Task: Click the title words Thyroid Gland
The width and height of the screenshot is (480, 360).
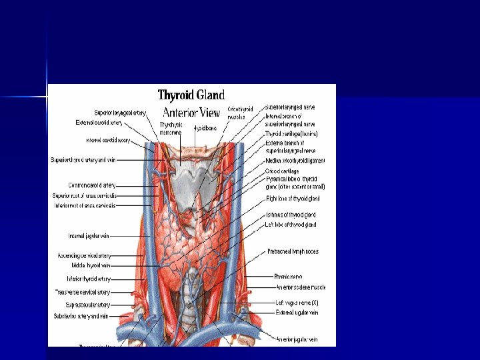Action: click(191, 95)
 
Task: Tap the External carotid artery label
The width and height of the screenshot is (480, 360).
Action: click(99, 123)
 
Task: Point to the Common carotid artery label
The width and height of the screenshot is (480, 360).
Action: click(92, 185)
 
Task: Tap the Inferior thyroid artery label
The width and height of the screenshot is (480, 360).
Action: click(89, 279)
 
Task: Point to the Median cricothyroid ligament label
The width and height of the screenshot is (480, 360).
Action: click(295, 161)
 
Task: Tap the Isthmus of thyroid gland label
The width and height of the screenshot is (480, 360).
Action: click(290, 215)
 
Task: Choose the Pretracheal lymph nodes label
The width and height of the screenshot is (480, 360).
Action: click(293, 251)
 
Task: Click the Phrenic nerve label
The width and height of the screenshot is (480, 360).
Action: click(288, 276)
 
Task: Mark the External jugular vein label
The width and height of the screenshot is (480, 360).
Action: click(297, 311)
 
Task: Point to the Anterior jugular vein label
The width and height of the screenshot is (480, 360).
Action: click(297, 339)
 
